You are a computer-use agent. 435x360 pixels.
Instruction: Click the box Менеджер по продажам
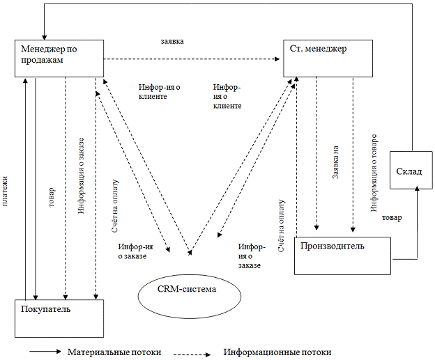click(59, 58)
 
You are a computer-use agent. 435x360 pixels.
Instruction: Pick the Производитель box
click(342, 256)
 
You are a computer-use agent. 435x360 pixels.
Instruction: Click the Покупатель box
click(59, 318)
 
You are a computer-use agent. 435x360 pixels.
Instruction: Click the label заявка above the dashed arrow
click(172, 41)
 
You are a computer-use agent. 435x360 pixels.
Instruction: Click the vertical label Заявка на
click(335, 164)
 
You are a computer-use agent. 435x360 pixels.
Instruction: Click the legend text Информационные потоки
click(277, 352)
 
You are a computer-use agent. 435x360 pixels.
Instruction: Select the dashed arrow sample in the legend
click(192, 353)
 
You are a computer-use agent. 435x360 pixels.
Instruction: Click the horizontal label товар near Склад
click(392, 217)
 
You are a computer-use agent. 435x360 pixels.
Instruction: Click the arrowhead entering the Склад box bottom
click(418, 191)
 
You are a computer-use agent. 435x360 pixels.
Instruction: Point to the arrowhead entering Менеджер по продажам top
click(43, 36)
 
